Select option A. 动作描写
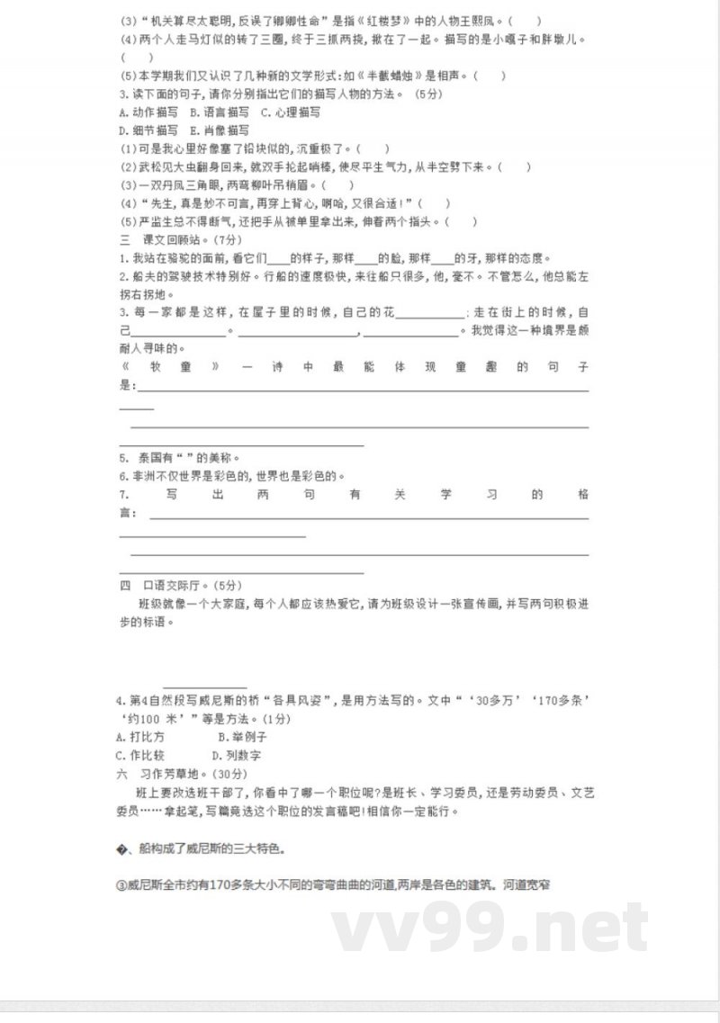pos(148,112)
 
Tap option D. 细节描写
pos(148,130)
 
